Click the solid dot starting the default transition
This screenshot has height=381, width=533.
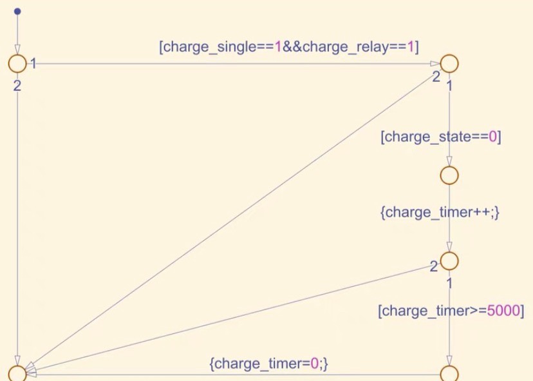pos(17,12)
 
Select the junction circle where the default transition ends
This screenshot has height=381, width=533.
pos(17,64)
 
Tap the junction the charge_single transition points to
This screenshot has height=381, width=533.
pos(449,64)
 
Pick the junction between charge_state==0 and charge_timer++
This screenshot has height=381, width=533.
pos(449,175)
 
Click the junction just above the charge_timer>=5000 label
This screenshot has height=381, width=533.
pos(449,261)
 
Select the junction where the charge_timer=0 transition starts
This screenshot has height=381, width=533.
pos(449,373)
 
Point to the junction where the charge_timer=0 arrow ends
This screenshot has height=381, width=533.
pos(17,373)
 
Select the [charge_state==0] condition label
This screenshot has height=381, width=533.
pos(441,137)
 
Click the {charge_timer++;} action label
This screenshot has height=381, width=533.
pos(440,213)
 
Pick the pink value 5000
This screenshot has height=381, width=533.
pos(503,311)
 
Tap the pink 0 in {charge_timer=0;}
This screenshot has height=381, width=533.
pos(315,364)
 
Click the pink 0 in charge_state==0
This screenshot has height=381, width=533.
pos(492,137)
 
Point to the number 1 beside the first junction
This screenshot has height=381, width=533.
pos(33,64)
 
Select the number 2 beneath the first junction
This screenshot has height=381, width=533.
pos(17,84)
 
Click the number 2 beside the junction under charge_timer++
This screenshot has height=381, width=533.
pos(434,266)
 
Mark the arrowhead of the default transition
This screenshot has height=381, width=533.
pos(17,51)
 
